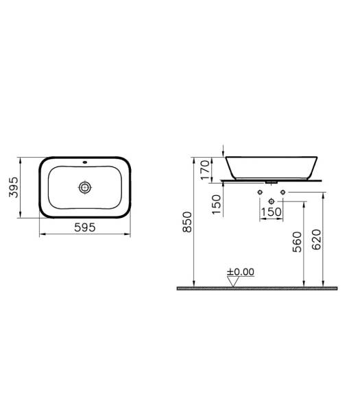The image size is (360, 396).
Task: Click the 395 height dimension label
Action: click(14, 187)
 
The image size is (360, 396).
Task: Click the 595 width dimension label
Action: click(85, 227)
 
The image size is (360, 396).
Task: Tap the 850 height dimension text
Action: click(187, 222)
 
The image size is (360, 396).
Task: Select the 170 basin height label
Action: click(205, 170)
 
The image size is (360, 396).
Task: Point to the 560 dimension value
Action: click(297, 242)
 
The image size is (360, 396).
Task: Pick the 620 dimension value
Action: click(316, 239)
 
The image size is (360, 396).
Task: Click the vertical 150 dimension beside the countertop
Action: click(216, 205)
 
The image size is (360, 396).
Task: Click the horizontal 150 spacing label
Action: click(271, 212)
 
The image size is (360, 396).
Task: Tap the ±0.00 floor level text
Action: click(241, 272)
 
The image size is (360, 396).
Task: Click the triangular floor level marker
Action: click(233, 282)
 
